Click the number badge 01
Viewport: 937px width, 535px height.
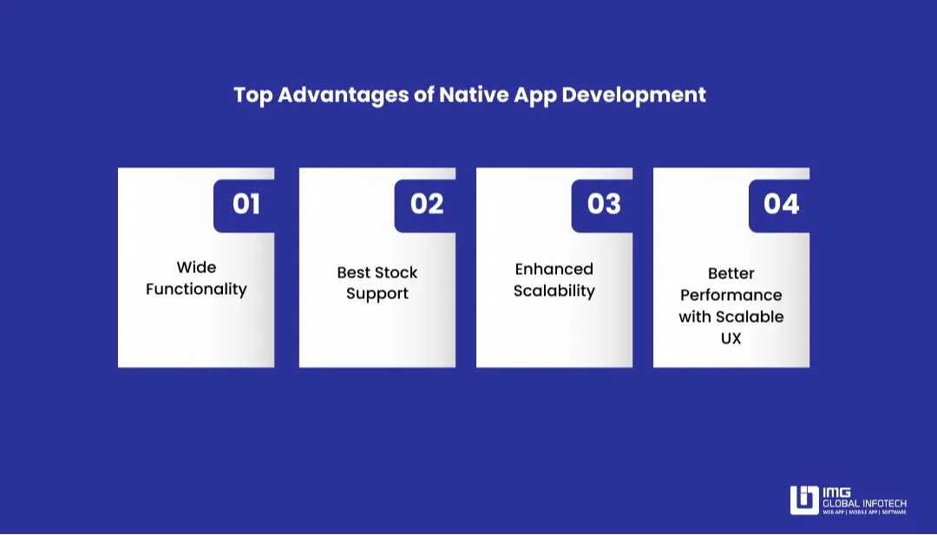(246, 205)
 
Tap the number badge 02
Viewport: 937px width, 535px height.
(426, 205)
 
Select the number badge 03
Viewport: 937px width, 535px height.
(604, 205)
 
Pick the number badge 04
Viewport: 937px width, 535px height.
(781, 205)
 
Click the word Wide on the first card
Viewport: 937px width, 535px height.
(196, 267)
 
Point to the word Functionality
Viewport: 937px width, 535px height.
(196, 290)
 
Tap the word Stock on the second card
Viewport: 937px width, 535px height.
(395, 272)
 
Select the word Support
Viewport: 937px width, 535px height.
(377, 294)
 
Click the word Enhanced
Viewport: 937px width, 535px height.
(554, 269)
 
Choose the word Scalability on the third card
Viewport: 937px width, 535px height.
(554, 291)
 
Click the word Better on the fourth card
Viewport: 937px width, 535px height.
(731, 273)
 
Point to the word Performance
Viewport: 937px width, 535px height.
(731, 295)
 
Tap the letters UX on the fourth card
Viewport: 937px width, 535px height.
(731, 338)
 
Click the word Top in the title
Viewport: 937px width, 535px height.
(252, 95)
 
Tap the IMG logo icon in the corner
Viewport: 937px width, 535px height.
(803, 500)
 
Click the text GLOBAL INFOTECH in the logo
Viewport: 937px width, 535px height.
(864, 504)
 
